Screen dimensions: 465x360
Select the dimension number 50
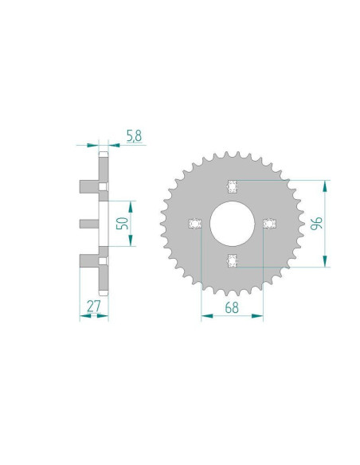122,223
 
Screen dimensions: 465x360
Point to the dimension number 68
231,306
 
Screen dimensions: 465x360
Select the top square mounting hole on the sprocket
233,186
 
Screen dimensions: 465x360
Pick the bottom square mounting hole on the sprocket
233,260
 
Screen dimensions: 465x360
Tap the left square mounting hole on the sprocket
193,224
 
